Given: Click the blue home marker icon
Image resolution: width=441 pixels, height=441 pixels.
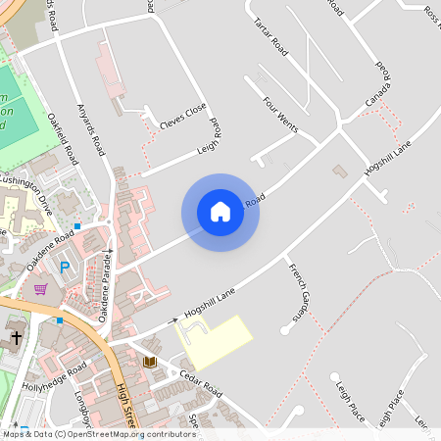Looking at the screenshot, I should pos(220,212).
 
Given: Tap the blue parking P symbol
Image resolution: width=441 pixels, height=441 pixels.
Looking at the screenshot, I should pos(66,267).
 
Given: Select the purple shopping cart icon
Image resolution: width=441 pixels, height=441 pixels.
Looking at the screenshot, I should pos(41,289).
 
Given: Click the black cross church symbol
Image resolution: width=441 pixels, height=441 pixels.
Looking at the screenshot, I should pos(16,339).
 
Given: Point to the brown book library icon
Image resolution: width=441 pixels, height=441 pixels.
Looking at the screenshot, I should pos(149,363).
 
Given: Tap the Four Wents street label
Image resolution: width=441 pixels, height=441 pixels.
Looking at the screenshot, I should pos(279,115).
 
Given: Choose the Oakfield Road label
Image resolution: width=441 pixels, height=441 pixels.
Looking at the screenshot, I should pos(61,137).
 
